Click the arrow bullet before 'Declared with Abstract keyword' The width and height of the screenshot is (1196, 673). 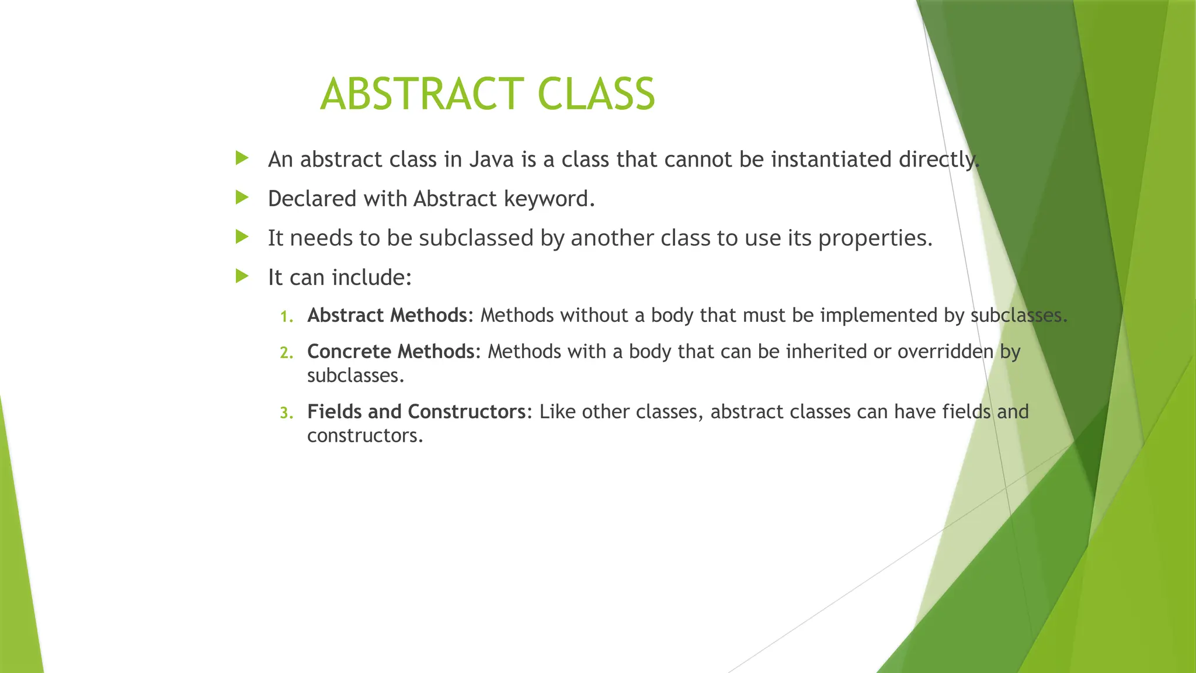pos(242,197)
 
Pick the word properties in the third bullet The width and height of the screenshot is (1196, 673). pos(874,238)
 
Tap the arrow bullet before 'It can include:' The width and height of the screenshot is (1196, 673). pos(242,276)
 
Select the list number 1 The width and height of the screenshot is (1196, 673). pos(286,317)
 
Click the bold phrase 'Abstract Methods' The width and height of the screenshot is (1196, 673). pos(387,315)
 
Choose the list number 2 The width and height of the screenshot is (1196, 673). pos(286,353)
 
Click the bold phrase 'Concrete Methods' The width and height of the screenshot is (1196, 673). pos(391,352)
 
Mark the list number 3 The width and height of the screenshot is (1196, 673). pos(286,414)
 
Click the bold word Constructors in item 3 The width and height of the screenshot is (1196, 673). pos(467,412)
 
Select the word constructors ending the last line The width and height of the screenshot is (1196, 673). pos(364,436)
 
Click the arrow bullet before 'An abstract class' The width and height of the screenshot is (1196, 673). pos(242,158)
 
